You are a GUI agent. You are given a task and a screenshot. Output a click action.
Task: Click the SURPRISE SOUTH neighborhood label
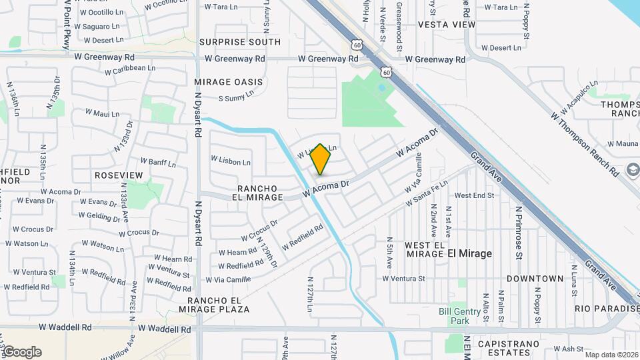(240, 42)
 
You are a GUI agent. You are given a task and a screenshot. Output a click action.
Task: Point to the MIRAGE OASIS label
(229, 82)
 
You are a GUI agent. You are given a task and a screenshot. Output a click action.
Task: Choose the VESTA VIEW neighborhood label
(447, 25)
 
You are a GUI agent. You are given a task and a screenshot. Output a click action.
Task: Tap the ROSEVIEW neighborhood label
(119, 175)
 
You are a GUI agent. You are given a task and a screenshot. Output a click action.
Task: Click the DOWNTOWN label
(535, 278)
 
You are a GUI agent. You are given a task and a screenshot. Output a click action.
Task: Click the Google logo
(21, 352)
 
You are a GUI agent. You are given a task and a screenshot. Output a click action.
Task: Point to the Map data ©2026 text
(611, 355)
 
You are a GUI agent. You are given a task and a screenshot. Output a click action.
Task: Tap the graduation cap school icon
(632, 170)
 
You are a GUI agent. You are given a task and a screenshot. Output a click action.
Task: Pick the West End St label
(473, 195)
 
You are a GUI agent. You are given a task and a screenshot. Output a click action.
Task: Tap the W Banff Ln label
(157, 162)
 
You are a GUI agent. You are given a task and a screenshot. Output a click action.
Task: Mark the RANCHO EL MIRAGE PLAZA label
(213, 305)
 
